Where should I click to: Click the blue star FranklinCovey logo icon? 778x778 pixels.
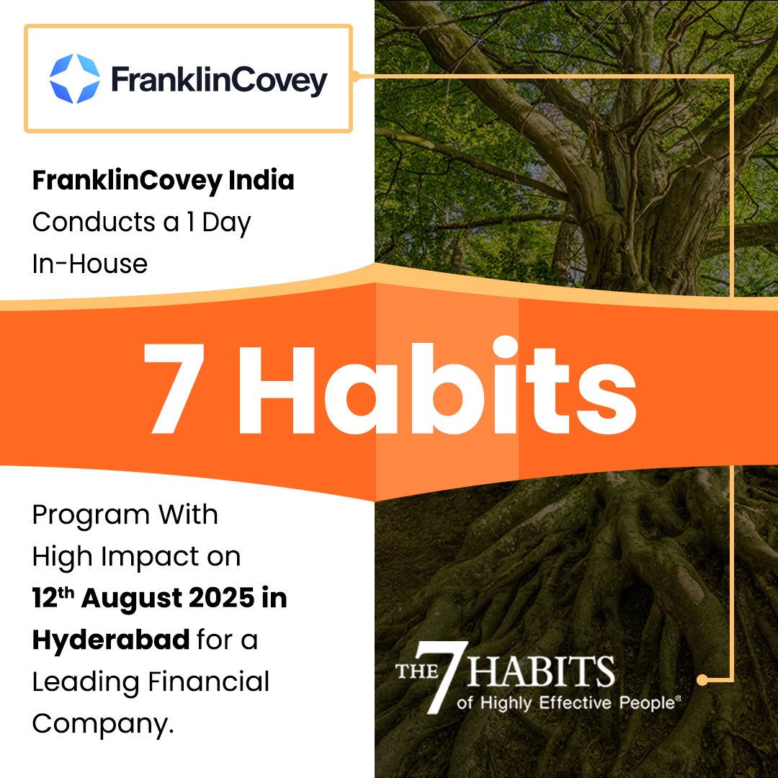pyautogui.click(x=74, y=78)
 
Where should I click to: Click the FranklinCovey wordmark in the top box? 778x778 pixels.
pyautogui.click(x=219, y=80)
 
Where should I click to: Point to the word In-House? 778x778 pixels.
pyautogui.click(x=89, y=264)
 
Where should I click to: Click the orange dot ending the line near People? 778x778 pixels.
pyautogui.click(x=702, y=679)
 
